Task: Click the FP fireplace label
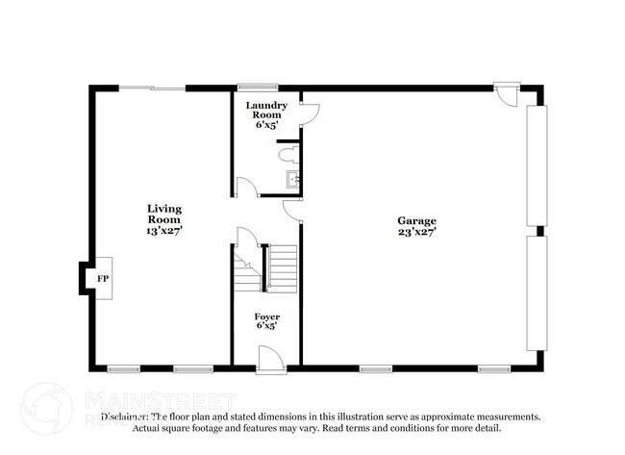(x=102, y=278)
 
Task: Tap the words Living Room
(x=164, y=214)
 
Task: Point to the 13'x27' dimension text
(x=164, y=231)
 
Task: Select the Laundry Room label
(x=265, y=110)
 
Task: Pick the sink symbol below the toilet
(x=293, y=178)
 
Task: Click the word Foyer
(x=266, y=316)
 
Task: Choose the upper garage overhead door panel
(x=536, y=164)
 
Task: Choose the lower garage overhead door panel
(x=536, y=296)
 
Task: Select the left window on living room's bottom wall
(x=123, y=367)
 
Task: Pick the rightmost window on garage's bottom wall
(x=493, y=367)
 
